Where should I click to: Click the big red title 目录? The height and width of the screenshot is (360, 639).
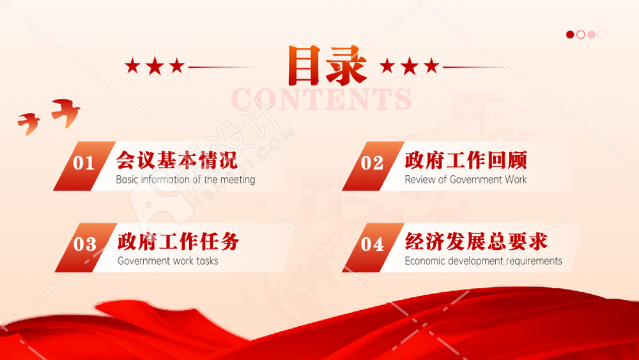point(327,66)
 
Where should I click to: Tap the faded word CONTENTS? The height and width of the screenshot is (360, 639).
point(321,99)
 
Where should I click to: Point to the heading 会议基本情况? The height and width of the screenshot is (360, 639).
point(176,160)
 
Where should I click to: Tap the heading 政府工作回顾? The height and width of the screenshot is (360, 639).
point(466,160)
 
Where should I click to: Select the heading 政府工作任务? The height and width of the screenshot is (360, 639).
point(178,241)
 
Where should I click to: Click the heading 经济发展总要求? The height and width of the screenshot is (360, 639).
point(476,241)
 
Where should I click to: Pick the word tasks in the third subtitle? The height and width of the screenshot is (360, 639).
point(207,261)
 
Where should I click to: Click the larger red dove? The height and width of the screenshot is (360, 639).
point(66,113)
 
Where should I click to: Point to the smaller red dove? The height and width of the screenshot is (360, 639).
point(29,123)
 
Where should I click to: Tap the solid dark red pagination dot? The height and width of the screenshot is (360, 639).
point(570,35)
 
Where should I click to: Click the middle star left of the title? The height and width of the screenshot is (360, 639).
point(155,66)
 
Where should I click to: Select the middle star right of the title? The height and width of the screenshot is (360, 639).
point(410,66)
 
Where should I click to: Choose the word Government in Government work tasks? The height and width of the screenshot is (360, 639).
point(143,261)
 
